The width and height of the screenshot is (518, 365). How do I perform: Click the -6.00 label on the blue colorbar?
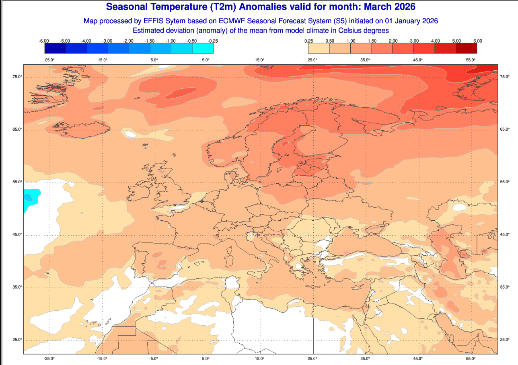click(x=44, y=41)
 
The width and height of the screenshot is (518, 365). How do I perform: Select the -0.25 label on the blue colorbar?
click(x=213, y=41)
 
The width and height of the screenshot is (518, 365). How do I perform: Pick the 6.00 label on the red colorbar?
click(x=477, y=41)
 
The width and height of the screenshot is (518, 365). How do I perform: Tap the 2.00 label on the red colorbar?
click(x=393, y=41)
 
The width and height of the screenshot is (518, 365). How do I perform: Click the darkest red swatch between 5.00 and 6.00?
click(x=467, y=48)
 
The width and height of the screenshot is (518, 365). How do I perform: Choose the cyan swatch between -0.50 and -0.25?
click(x=203, y=48)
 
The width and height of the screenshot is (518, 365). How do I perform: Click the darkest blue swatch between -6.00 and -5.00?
click(x=55, y=48)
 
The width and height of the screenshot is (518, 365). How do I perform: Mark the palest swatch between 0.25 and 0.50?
click(x=319, y=48)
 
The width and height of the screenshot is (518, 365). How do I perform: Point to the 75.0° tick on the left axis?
click(x=16, y=77)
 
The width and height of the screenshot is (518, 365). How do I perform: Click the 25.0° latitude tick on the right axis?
click(x=504, y=340)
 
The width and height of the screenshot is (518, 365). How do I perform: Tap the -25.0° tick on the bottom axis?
click(x=49, y=358)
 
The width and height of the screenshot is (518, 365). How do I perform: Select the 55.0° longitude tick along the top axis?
click(x=471, y=60)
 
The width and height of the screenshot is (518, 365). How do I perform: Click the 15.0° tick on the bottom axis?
click(x=259, y=358)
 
